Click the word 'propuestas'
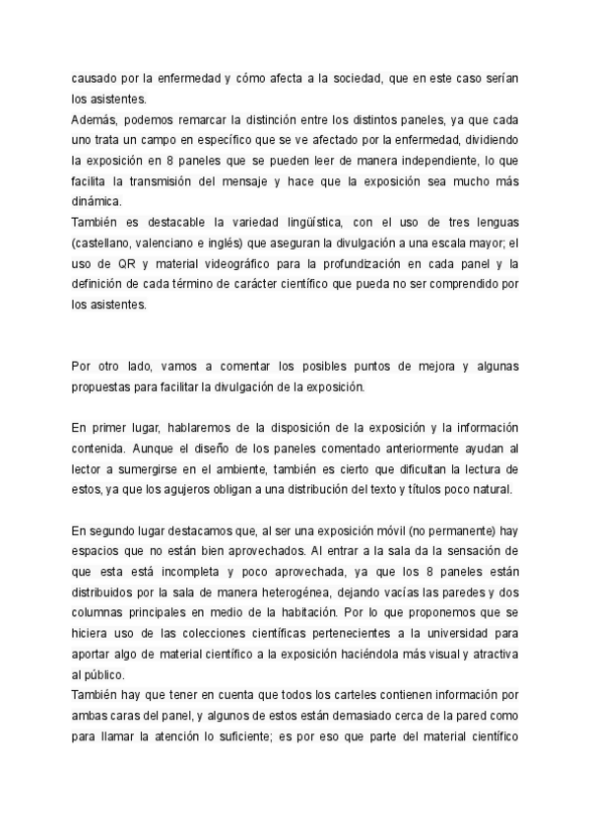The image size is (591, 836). click(104, 387)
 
